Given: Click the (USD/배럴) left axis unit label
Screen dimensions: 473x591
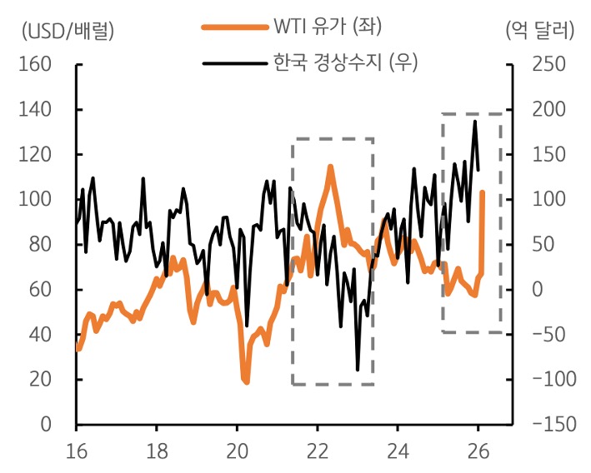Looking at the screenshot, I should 66,32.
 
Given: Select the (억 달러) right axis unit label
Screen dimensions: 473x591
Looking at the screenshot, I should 539,32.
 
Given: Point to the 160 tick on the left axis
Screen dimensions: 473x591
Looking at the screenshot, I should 35,65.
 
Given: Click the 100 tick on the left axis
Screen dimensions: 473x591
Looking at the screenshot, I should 35,200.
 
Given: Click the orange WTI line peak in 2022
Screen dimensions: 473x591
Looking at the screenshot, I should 330,167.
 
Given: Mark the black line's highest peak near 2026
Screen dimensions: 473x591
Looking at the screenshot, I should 475,122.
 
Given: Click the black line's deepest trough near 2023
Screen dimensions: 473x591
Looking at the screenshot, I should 358,369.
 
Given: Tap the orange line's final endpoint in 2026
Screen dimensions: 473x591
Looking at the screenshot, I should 483,192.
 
